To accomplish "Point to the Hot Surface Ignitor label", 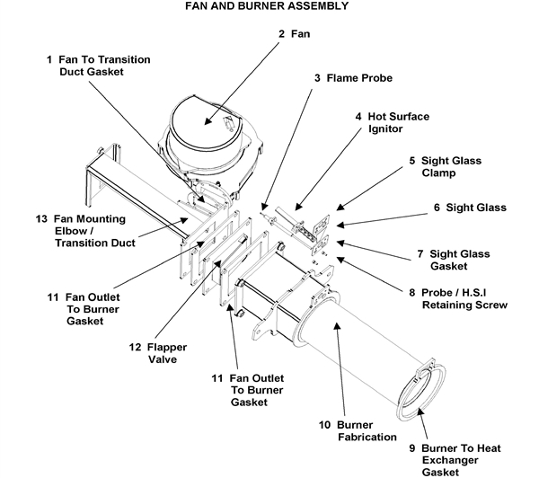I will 393,123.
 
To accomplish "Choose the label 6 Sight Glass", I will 470,208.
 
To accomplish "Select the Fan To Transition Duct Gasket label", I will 98,65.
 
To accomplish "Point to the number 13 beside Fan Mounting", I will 40,219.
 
